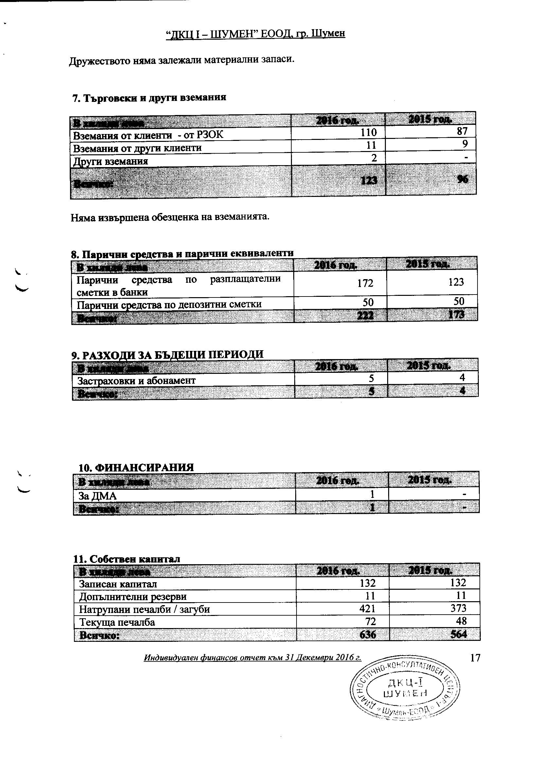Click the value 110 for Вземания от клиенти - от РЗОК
(x=368, y=133)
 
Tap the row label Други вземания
(x=110, y=162)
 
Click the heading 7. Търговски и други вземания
(x=149, y=97)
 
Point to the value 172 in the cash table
(x=365, y=283)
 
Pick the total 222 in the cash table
(x=365, y=315)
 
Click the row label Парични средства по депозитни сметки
(x=169, y=304)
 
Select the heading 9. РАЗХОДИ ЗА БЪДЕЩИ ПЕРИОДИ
(x=167, y=354)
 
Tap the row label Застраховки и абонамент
(x=136, y=380)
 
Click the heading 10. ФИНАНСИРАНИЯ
(x=136, y=468)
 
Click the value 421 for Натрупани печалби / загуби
(x=367, y=609)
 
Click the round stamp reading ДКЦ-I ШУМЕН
(x=405, y=688)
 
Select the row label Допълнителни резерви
(x=133, y=596)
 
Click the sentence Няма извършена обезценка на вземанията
(x=170, y=217)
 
